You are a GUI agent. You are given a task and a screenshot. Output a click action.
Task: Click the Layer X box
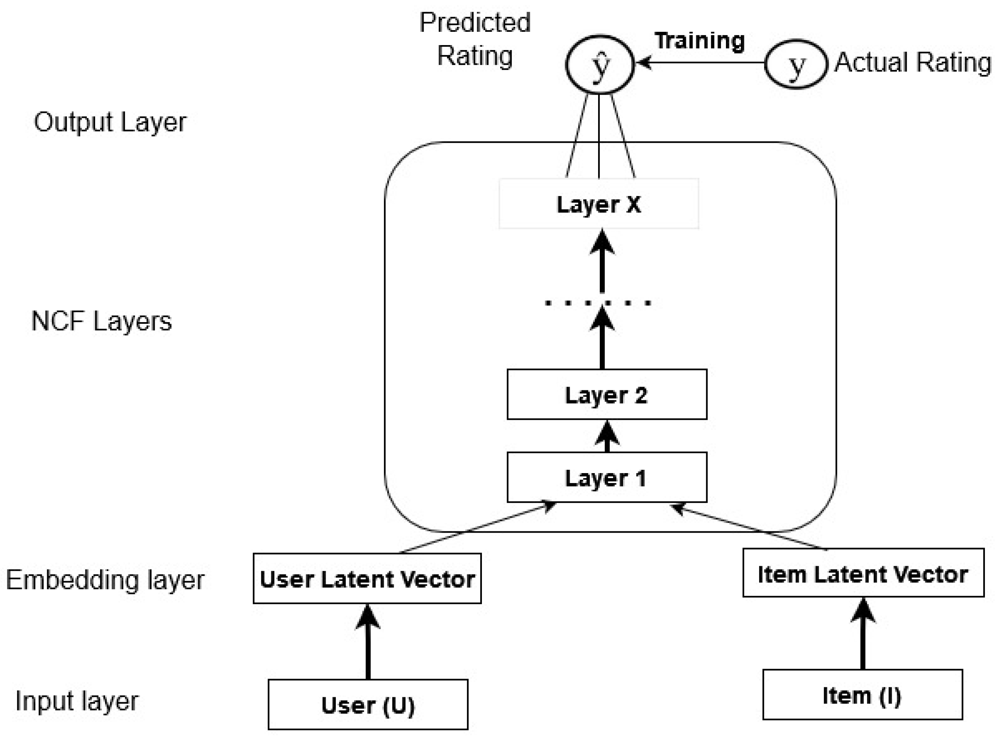[599, 204]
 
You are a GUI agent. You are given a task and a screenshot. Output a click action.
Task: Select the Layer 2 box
[607, 395]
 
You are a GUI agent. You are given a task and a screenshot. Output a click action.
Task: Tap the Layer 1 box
[607, 477]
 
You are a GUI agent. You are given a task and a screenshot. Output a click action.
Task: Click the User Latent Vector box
[367, 579]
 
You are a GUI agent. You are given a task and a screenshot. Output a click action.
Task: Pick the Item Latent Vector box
[863, 573]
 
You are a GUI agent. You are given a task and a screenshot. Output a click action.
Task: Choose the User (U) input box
[368, 705]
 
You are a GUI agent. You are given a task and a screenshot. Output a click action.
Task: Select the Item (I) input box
[862, 695]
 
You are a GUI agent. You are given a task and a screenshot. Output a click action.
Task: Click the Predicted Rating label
[474, 39]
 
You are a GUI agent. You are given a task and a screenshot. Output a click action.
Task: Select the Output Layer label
[110, 122]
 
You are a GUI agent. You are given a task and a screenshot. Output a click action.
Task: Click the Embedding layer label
[105, 580]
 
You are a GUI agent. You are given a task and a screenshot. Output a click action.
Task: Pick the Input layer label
[77, 701]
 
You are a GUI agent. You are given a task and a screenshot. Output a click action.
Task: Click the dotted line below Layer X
[598, 303]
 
